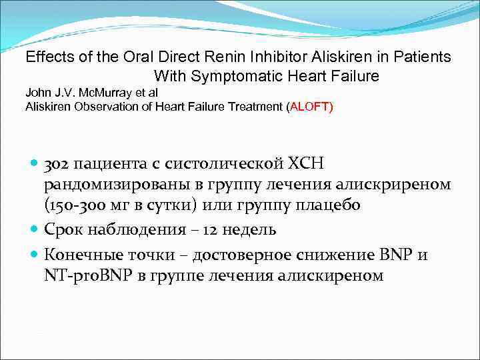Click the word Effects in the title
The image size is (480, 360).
(x=49, y=57)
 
